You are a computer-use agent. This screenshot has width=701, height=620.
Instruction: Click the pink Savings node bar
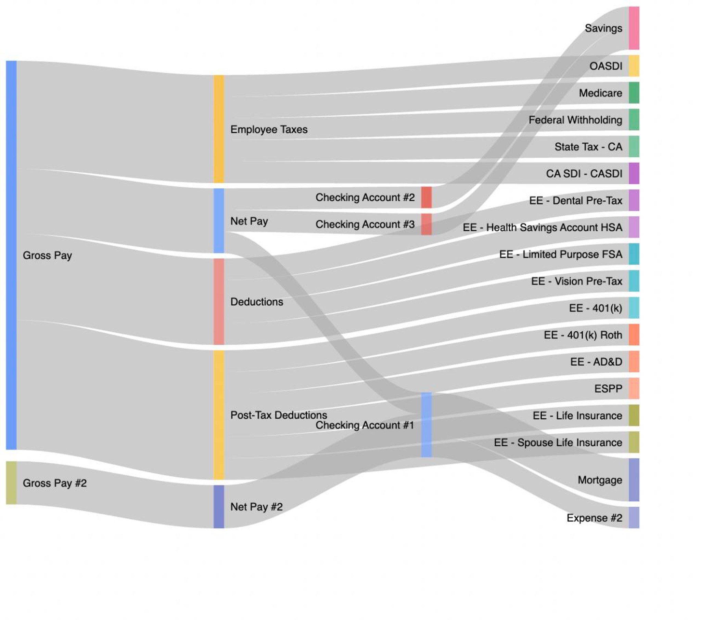[x=634, y=28]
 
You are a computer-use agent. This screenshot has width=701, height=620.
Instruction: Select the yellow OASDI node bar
[x=634, y=66]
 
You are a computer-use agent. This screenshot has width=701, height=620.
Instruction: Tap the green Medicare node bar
[x=634, y=93]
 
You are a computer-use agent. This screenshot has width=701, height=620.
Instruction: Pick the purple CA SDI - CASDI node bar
[x=634, y=173]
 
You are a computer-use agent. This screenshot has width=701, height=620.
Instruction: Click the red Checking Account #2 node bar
[x=426, y=197]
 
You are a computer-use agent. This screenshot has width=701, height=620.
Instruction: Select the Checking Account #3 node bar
[x=426, y=224]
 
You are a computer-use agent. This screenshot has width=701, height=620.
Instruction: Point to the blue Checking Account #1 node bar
[x=426, y=425]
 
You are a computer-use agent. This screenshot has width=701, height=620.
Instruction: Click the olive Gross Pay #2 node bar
[x=11, y=483]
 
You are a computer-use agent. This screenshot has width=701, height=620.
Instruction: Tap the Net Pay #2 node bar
[x=219, y=506]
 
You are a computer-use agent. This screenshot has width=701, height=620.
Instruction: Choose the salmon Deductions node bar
[x=219, y=302]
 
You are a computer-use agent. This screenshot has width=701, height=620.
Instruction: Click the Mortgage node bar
[x=634, y=480]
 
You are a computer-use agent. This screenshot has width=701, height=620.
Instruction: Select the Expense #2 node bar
[x=634, y=517]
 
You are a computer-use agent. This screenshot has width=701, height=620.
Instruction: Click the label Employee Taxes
[x=269, y=130]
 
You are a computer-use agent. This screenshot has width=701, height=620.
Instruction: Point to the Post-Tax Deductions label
[x=279, y=415]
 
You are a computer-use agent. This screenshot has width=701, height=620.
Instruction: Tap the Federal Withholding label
[x=575, y=120]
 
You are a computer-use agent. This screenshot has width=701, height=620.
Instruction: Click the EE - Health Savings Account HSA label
[x=542, y=227]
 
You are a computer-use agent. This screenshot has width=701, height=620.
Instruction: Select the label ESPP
[x=608, y=389]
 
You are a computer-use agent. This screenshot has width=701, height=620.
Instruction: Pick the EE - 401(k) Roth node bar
[x=634, y=334]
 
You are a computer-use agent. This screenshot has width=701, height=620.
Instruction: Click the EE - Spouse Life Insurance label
[x=558, y=443]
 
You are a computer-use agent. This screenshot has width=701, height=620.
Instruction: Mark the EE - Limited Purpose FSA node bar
[x=634, y=254]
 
